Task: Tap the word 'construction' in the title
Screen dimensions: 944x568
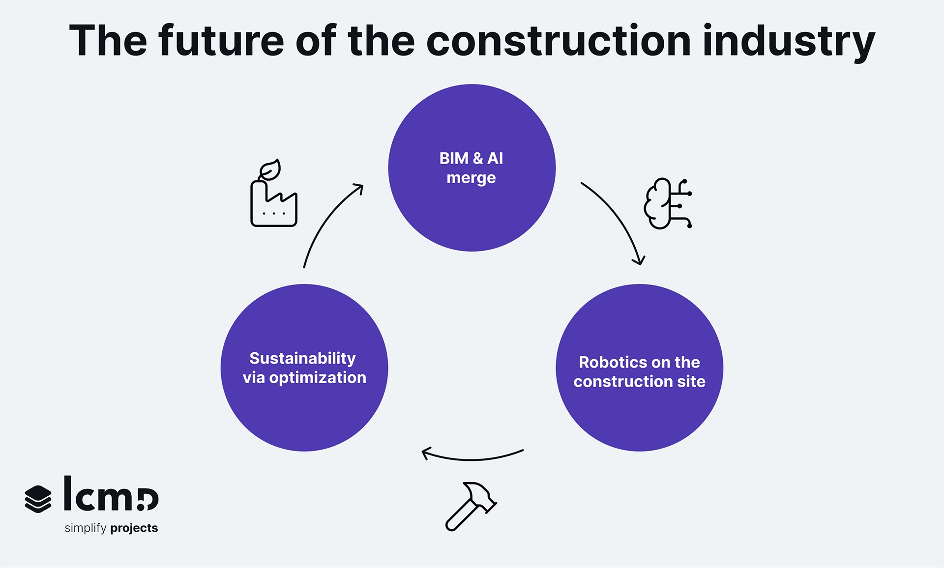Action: [x=559, y=41]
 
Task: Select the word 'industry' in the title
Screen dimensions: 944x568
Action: [x=789, y=42]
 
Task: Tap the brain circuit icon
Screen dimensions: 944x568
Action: [x=668, y=203]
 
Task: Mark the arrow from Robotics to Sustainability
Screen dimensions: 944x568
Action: [x=472, y=456]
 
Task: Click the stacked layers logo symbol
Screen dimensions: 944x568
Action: [x=38, y=499]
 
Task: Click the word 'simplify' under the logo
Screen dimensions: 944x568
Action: [x=86, y=528]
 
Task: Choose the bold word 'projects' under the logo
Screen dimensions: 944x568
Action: [x=134, y=528]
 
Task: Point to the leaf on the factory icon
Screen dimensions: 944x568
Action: [x=270, y=170]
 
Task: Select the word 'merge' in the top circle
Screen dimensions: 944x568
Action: [x=471, y=178]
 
